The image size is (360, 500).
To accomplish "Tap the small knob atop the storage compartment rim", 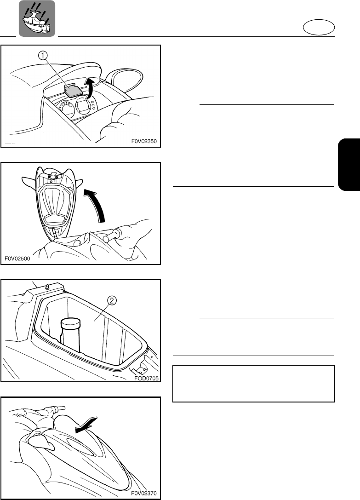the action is [x=47, y=288].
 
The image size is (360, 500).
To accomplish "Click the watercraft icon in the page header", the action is [x=37, y=19].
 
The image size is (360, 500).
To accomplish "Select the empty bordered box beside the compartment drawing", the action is [x=253, y=384].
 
